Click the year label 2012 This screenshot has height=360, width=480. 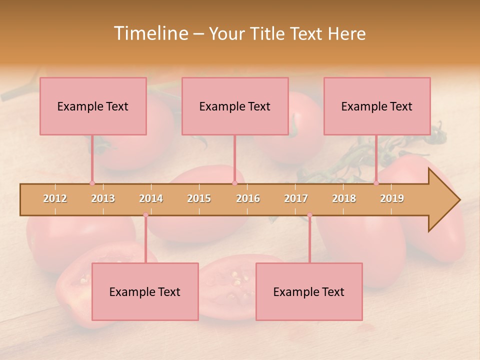pyautogui.click(x=55, y=198)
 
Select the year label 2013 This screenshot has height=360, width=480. pyautogui.click(x=103, y=198)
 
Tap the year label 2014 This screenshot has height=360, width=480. pyautogui.click(x=151, y=198)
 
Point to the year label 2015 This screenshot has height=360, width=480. pyautogui.click(x=199, y=198)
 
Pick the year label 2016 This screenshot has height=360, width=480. pyautogui.click(x=248, y=198)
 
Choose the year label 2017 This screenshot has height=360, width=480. pyautogui.click(x=296, y=198)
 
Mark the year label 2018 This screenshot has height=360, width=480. pyautogui.click(x=344, y=198)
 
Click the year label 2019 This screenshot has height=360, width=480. pyautogui.click(x=392, y=198)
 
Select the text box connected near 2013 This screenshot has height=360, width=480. pyautogui.click(x=93, y=106)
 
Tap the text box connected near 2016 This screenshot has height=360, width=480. pyautogui.click(x=235, y=106)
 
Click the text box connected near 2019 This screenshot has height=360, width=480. pyautogui.click(x=377, y=106)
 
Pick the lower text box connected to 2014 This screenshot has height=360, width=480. pyautogui.click(x=145, y=291)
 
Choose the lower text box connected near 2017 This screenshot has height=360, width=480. pyautogui.click(x=309, y=291)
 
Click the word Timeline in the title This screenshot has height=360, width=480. pyautogui.click(x=150, y=33)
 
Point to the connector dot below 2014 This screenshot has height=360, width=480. pyautogui.click(x=145, y=215)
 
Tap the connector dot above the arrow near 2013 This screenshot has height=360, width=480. pyautogui.click(x=92, y=183)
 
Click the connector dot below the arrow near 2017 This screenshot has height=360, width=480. pyautogui.click(x=309, y=215)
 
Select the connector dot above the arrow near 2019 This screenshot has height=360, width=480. pyautogui.click(x=376, y=183)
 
